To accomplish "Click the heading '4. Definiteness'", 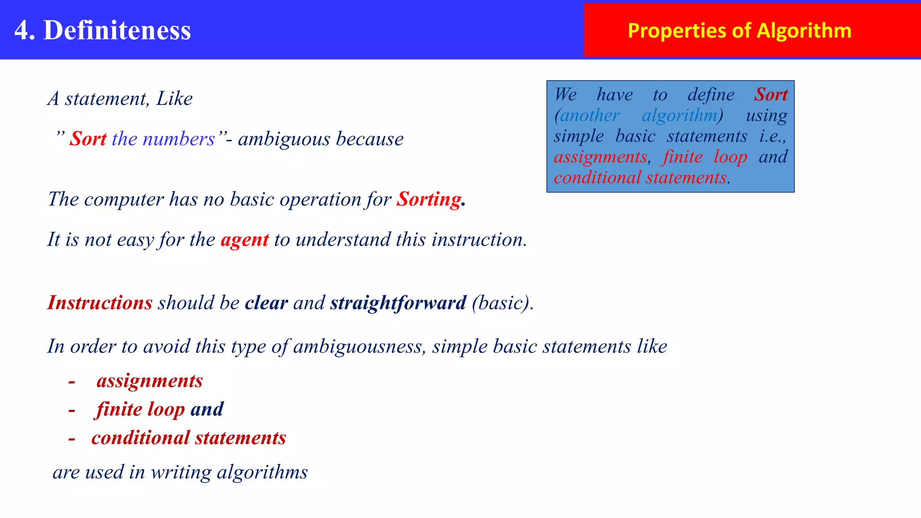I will pyautogui.click(x=103, y=30).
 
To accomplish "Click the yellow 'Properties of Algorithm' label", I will pyautogui.click(x=739, y=31).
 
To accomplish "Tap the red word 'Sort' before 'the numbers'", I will pyautogui.click(x=88, y=138).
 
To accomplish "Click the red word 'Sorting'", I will pyautogui.click(x=429, y=199).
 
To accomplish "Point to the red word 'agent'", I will pyautogui.click(x=245, y=240).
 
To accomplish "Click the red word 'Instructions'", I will pyautogui.click(x=100, y=303).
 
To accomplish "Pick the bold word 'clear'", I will pyautogui.click(x=266, y=303).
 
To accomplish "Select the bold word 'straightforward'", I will pyautogui.click(x=398, y=303).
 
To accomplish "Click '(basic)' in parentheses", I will pyautogui.click(x=502, y=303).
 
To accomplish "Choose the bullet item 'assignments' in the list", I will pyautogui.click(x=150, y=381).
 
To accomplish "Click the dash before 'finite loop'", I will pyautogui.click(x=72, y=410).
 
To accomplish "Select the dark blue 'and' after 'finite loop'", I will pyautogui.click(x=207, y=409).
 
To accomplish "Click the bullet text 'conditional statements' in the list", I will pyautogui.click(x=189, y=438).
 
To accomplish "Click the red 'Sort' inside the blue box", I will pyautogui.click(x=771, y=94).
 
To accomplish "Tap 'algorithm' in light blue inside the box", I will pyautogui.click(x=680, y=116).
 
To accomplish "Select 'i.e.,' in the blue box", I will pyautogui.click(x=773, y=136).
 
